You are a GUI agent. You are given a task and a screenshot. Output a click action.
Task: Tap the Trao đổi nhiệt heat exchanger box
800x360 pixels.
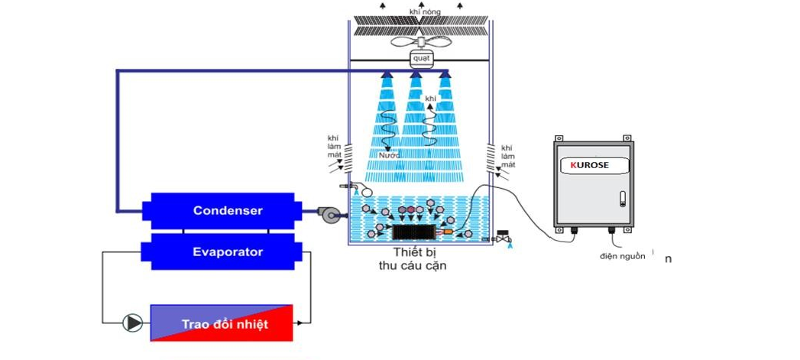point(222,323)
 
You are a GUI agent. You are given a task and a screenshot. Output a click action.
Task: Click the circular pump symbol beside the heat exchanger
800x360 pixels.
point(134,323)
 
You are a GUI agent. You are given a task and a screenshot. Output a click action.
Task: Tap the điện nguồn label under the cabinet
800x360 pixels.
point(622,256)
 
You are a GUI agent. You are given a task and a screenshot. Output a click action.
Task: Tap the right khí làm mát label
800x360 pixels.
point(507,156)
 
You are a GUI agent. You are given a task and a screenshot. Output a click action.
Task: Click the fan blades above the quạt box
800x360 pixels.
point(420,42)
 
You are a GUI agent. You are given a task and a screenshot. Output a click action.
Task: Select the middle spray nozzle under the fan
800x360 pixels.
point(416,74)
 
